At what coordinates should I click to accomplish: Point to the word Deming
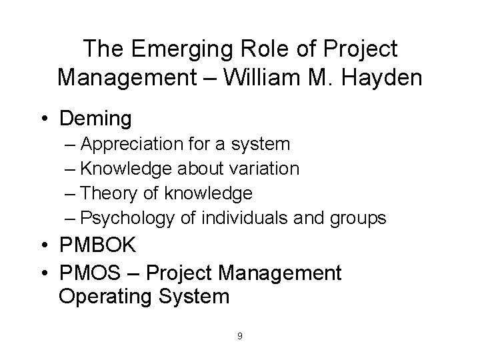pos(95,119)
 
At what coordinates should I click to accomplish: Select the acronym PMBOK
pos(98,245)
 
